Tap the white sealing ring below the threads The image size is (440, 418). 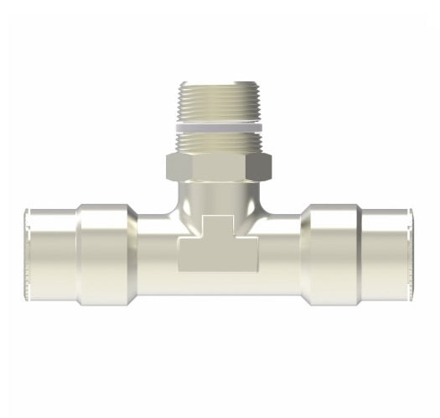coord(220,128)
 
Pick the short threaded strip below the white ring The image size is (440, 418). coord(220,142)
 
